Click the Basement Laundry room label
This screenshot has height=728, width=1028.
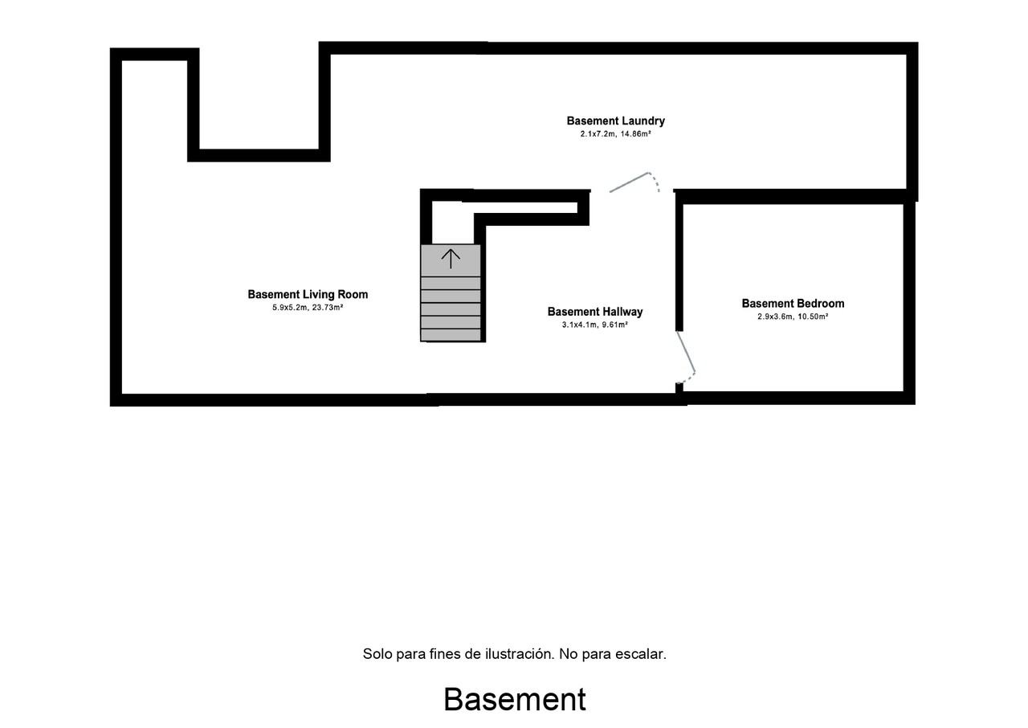pos(615,121)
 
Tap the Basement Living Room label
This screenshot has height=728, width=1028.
pos(308,295)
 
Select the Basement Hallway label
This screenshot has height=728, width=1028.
pos(595,312)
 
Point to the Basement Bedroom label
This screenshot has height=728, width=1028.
pos(793,304)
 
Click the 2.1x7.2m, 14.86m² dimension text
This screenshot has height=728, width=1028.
pos(615,134)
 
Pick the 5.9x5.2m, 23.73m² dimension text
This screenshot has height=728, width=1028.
pos(308,308)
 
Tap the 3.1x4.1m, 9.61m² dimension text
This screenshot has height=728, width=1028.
pos(595,325)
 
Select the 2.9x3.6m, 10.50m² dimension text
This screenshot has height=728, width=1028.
pos(793,317)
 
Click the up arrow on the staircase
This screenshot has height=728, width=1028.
pos(451,259)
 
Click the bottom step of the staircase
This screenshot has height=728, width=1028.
pos(451,334)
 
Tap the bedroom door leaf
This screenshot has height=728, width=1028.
pos(686,352)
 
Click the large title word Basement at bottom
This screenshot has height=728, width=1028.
pos(515,700)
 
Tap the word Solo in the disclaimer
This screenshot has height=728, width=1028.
pos(377,654)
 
